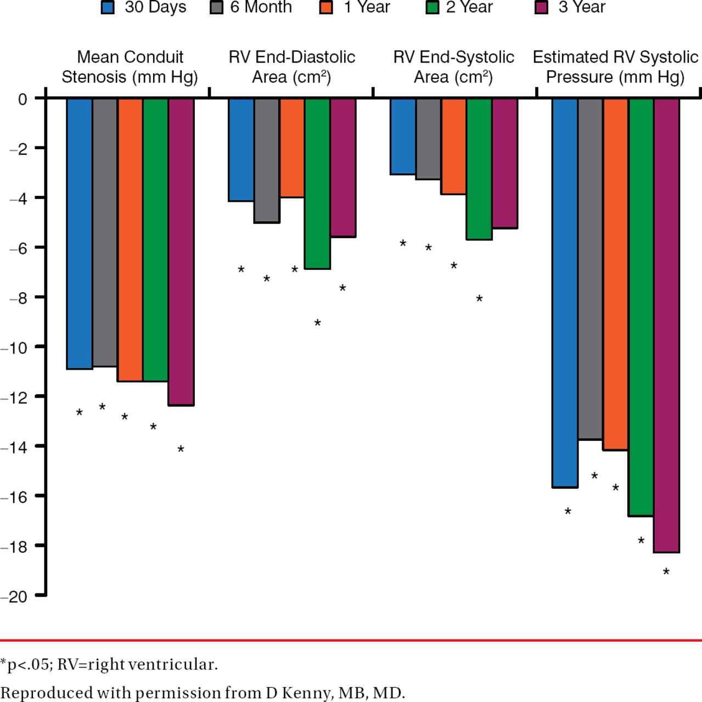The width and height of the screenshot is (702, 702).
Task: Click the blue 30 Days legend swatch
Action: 108,8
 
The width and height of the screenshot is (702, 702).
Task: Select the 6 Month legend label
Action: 261,7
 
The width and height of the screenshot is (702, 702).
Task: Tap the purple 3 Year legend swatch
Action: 541,8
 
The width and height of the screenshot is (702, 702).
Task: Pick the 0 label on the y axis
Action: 23,99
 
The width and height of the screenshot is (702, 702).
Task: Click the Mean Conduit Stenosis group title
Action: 130,67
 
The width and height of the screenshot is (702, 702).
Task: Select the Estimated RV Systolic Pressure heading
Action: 615,67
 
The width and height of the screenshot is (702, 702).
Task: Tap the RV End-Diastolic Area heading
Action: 291,67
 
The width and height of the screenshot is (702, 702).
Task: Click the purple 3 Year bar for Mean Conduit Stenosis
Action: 181,252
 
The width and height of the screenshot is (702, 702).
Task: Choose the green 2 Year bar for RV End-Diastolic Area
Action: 317,183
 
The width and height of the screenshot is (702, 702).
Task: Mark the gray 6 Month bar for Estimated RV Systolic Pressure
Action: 590,269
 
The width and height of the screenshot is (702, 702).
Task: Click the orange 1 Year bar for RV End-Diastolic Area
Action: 292,148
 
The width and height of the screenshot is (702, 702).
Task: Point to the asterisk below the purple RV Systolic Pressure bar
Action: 666,572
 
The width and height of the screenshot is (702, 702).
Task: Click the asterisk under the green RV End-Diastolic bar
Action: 317,323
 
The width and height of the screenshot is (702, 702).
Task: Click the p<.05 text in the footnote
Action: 27,665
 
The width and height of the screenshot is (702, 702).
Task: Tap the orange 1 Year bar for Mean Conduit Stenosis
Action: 130,240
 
